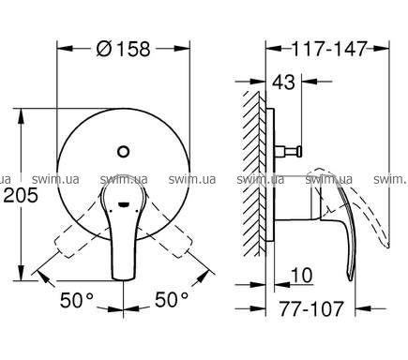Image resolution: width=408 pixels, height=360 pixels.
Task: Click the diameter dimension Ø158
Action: click(124, 49)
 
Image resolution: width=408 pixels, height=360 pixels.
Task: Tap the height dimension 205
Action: click(21, 196)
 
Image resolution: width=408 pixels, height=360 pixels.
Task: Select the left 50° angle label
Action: click(77, 300)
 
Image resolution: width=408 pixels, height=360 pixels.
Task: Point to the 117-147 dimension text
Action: click(328, 49)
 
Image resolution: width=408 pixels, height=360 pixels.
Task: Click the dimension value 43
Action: click(283, 82)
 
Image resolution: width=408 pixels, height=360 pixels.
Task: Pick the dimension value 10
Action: click(301, 276)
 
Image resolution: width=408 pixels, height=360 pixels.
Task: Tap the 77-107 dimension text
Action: click(311, 308)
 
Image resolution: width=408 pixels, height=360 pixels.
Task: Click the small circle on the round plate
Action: click(124, 152)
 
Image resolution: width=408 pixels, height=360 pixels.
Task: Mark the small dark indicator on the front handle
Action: click(123, 205)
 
